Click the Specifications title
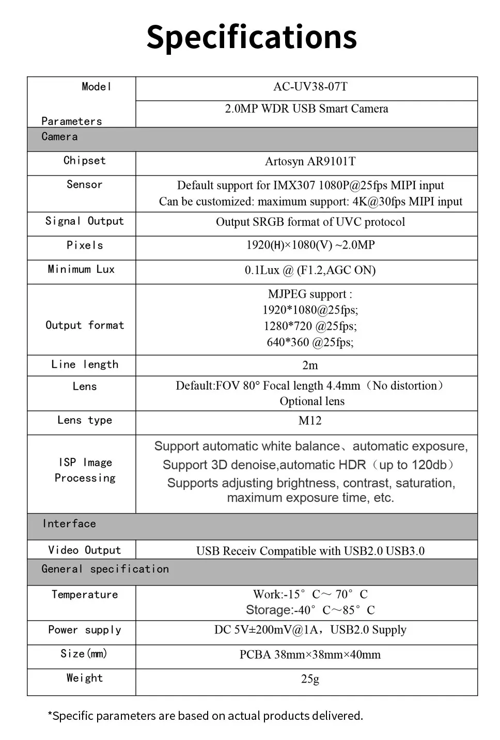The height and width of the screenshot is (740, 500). point(252,37)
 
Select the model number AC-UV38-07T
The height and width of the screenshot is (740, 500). point(310,87)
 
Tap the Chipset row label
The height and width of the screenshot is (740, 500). point(84,161)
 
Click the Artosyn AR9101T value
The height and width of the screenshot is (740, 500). point(310,162)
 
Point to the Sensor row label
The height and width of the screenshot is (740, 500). point(84,184)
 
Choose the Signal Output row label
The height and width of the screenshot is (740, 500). point(84,221)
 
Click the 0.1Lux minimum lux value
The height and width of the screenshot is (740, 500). point(310,270)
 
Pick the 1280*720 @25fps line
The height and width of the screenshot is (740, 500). point(310,326)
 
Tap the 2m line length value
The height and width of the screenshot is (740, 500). point(310,365)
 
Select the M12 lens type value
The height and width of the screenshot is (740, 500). point(310,421)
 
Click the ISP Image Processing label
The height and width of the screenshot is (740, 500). point(85,470)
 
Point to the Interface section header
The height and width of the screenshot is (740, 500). point(69,524)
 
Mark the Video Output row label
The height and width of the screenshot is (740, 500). point(84,550)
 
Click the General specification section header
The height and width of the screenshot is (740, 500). point(105,569)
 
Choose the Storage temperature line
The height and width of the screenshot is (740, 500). point(310,610)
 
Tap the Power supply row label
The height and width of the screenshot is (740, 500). point(84,630)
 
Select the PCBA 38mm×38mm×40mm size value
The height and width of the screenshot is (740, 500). point(310,655)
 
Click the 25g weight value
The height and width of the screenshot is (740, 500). point(310,679)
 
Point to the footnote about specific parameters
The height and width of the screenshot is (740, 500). point(205,716)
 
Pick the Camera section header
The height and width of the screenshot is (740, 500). point(59,137)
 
